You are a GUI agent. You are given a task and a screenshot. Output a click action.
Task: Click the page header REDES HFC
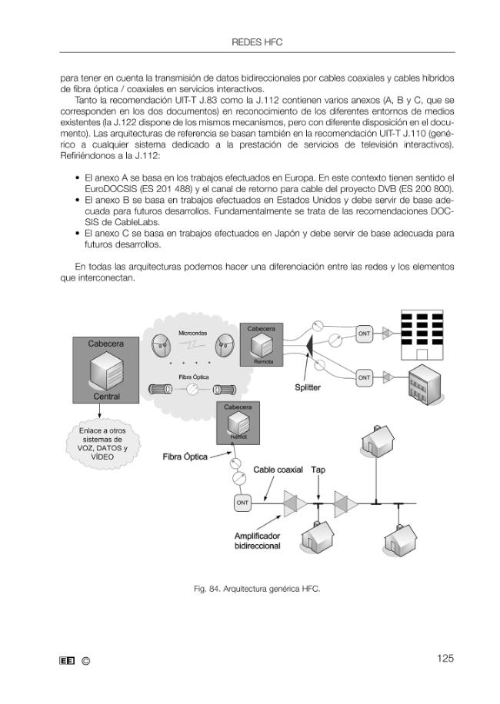[x=257, y=42]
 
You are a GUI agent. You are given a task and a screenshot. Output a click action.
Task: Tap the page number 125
[x=445, y=658]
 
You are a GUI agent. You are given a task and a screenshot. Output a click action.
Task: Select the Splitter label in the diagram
[x=308, y=387]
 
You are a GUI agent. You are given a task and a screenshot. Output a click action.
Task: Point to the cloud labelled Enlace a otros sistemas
[x=102, y=443]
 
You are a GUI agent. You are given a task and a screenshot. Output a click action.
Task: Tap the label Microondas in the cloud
[x=193, y=333]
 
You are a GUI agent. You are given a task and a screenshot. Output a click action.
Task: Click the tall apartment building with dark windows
[x=422, y=334]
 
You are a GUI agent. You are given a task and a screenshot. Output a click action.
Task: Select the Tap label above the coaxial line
[x=318, y=470]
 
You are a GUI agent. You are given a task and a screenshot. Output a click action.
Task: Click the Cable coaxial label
[x=278, y=470]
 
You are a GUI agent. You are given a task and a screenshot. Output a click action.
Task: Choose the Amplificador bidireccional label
[x=258, y=541]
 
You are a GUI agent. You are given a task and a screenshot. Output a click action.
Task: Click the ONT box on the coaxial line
[x=242, y=503]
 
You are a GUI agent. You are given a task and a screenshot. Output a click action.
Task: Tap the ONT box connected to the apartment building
[x=364, y=334]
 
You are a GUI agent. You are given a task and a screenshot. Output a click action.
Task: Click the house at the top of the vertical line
[x=378, y=440]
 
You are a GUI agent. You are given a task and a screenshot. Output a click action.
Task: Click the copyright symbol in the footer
[x=86, y=661]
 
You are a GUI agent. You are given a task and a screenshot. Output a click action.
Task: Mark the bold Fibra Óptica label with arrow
[x=185, y=457]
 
